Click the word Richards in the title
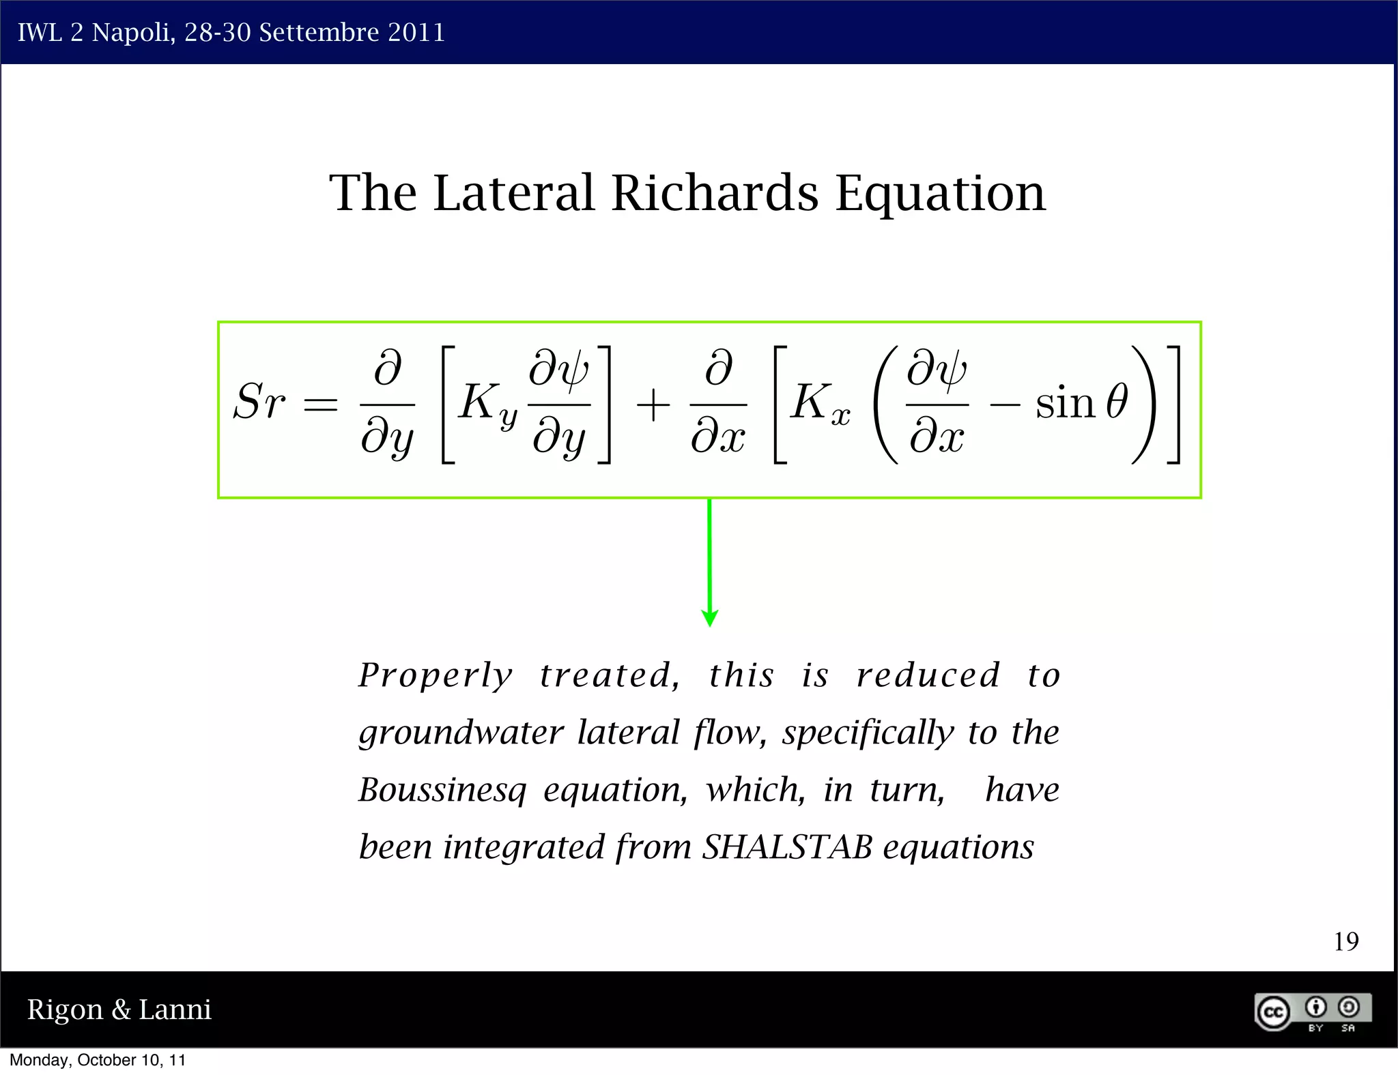click(714, 193)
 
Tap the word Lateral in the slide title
click(513, 193)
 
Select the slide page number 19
click(1345, 941)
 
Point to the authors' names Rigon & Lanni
click(119, 1009)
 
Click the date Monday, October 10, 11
click(97, 1060)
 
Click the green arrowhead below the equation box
click(709, 617)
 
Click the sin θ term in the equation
click(1081, 402)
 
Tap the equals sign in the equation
click(320, 404)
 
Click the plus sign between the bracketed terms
click(653, 405)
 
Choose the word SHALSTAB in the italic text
click(786, 847)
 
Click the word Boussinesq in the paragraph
click(442, 790)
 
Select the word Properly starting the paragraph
click(436, 676)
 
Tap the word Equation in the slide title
click(940, 194)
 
